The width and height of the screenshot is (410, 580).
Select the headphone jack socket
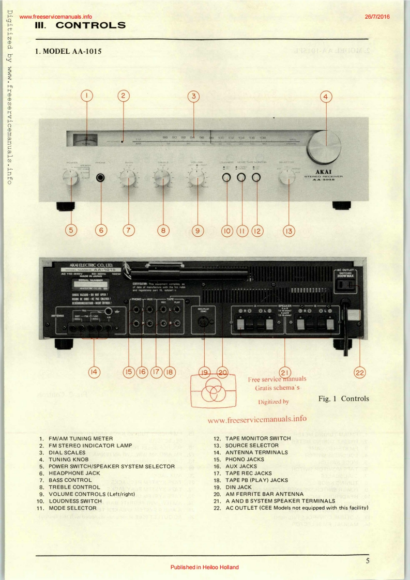click(101, 178)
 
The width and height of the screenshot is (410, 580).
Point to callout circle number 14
click(94, 372)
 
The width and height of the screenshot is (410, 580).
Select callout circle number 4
click(326, 96)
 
